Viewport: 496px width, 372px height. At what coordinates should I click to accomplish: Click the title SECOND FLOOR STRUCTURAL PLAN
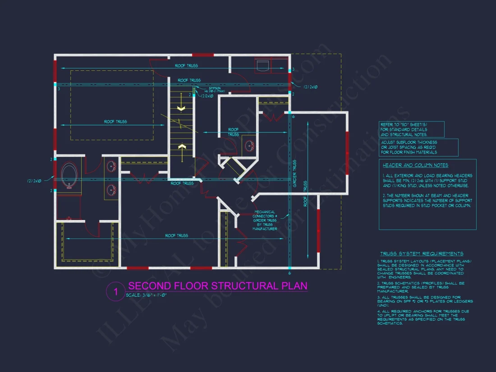(x=218, y=286)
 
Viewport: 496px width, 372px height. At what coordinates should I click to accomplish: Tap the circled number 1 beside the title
(x=115, y=292)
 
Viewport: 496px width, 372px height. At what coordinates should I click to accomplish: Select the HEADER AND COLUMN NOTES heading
(x=415, y=165)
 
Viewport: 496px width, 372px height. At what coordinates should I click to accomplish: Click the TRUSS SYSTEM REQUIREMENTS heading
(x=422, y=254)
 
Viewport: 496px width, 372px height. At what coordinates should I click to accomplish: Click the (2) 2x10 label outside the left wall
(x=34, y=181)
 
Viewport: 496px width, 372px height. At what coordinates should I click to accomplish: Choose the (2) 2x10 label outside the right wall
(x=311, y=86)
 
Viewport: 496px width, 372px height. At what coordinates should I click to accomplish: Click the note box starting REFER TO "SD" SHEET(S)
(x=412, y=129)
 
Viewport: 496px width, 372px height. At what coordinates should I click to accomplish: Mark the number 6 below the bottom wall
(x=289, y=273)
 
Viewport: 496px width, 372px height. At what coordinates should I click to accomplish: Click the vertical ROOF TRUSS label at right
(x=306, y=194)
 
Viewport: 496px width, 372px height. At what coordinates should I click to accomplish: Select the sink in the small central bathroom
(x=249, y=145)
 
